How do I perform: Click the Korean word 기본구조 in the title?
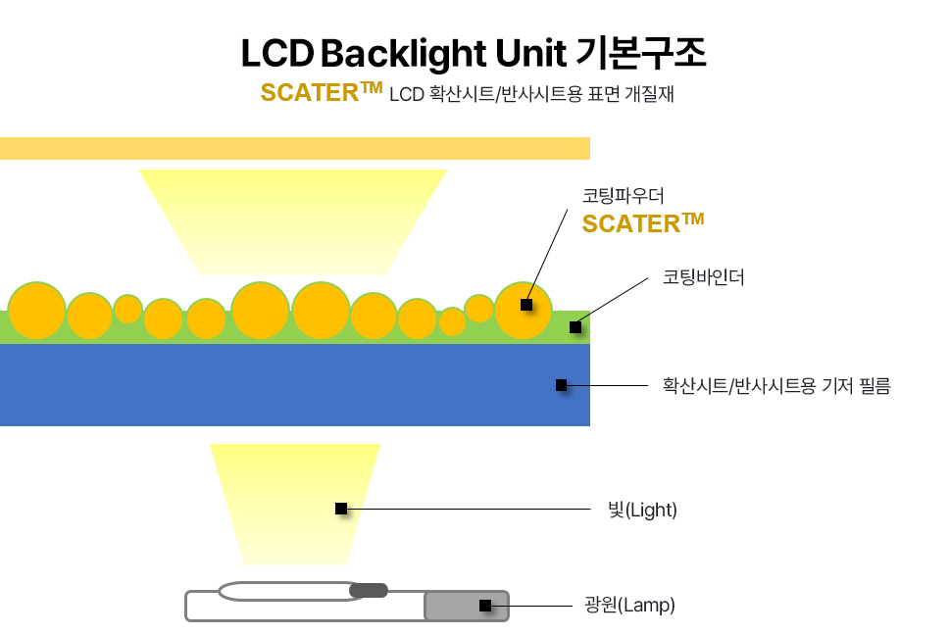point(650,53)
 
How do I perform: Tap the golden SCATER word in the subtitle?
point(309,93)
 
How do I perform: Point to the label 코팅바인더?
point(703,277)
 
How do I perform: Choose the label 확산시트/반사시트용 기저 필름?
point(775,386)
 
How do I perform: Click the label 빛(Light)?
point(642,510)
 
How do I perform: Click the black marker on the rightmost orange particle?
point(526,305)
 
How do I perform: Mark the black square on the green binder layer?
point(575,327)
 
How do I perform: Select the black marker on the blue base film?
point(561,385)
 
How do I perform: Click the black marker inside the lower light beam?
point(341,509)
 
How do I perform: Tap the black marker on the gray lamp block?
point(485,606)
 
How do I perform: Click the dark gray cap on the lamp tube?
point(369,590)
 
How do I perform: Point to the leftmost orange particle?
point(36,311)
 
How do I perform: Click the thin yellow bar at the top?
point(294,148)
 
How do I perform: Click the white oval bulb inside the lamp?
point(284,591)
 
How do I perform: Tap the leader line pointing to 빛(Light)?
point(471,510)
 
